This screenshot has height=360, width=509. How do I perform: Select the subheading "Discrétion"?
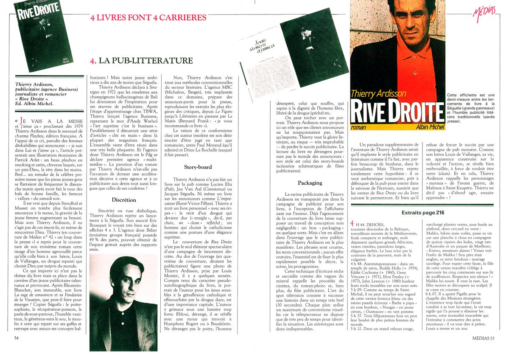click(124, 200)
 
